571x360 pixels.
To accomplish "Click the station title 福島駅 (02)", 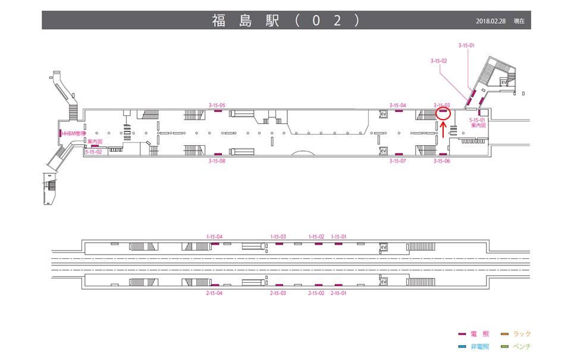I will point(285,20).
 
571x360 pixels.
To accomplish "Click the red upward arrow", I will point(443,130).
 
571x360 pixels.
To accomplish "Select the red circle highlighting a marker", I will point(443,112).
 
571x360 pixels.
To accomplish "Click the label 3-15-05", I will point(217,105).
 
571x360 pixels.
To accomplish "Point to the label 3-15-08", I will point(217,161).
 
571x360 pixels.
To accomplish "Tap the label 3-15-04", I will point(398,105).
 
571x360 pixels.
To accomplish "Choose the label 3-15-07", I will point(398,161).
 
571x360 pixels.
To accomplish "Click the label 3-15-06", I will point(442,161).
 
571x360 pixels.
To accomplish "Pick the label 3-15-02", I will point(438,61).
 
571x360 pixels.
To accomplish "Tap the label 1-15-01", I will point(338,237).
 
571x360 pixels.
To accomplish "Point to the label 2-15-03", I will point(278,293).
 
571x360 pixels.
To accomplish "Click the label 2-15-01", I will point(338,293).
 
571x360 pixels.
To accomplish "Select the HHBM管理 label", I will point(74,133).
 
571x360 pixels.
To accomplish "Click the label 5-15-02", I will point(94,152).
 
